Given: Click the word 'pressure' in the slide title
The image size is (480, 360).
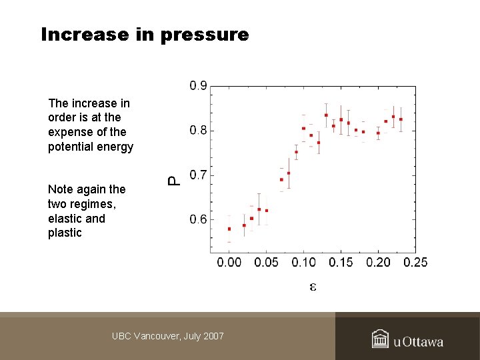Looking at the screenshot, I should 205,35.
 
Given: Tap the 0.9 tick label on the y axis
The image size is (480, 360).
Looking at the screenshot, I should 198,86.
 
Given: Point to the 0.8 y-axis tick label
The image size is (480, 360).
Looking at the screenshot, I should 198,131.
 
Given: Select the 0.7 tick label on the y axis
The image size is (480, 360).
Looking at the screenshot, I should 198,175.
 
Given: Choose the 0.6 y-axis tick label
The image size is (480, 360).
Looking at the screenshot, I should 198,220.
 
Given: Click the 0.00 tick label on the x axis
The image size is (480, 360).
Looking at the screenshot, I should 229,263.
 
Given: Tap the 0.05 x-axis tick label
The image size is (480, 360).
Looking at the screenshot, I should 267,263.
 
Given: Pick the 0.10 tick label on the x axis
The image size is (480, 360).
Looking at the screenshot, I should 304,263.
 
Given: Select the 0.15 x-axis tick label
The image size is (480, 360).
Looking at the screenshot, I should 341,263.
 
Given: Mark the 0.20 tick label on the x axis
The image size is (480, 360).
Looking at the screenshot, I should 379,263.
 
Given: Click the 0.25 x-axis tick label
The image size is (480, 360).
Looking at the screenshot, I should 416,263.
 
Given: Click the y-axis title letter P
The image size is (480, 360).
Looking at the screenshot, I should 173,180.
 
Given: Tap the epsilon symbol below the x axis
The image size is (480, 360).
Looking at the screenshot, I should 312,287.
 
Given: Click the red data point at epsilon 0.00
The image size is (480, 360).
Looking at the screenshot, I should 229,229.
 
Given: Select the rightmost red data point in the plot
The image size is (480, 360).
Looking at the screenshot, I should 401,119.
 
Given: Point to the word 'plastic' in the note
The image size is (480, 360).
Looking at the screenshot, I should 65,233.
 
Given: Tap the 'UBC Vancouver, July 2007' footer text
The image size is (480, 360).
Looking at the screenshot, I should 168,336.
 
